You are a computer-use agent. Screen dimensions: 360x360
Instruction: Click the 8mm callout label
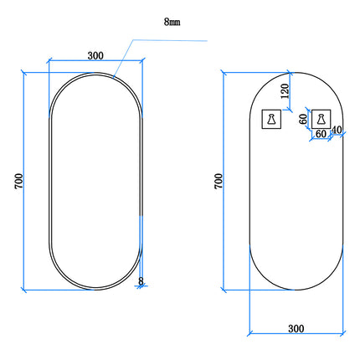(172, 22)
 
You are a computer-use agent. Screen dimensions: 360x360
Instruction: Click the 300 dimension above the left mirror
(95, 56)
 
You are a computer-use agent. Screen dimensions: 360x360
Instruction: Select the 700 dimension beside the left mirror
(18, 182)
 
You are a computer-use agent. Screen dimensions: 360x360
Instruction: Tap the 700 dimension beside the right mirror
(219, 182)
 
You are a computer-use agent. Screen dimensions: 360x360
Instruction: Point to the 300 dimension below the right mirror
(296, 329)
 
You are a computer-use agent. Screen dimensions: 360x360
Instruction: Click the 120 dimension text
(285, 91)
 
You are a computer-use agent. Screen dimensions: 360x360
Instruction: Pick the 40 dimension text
(337, 130)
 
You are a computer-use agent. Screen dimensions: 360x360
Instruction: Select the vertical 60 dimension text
(303, 120)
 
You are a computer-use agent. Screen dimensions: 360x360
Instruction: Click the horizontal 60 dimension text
(321, 134)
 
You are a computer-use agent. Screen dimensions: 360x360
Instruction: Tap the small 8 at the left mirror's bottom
(141, 281)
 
